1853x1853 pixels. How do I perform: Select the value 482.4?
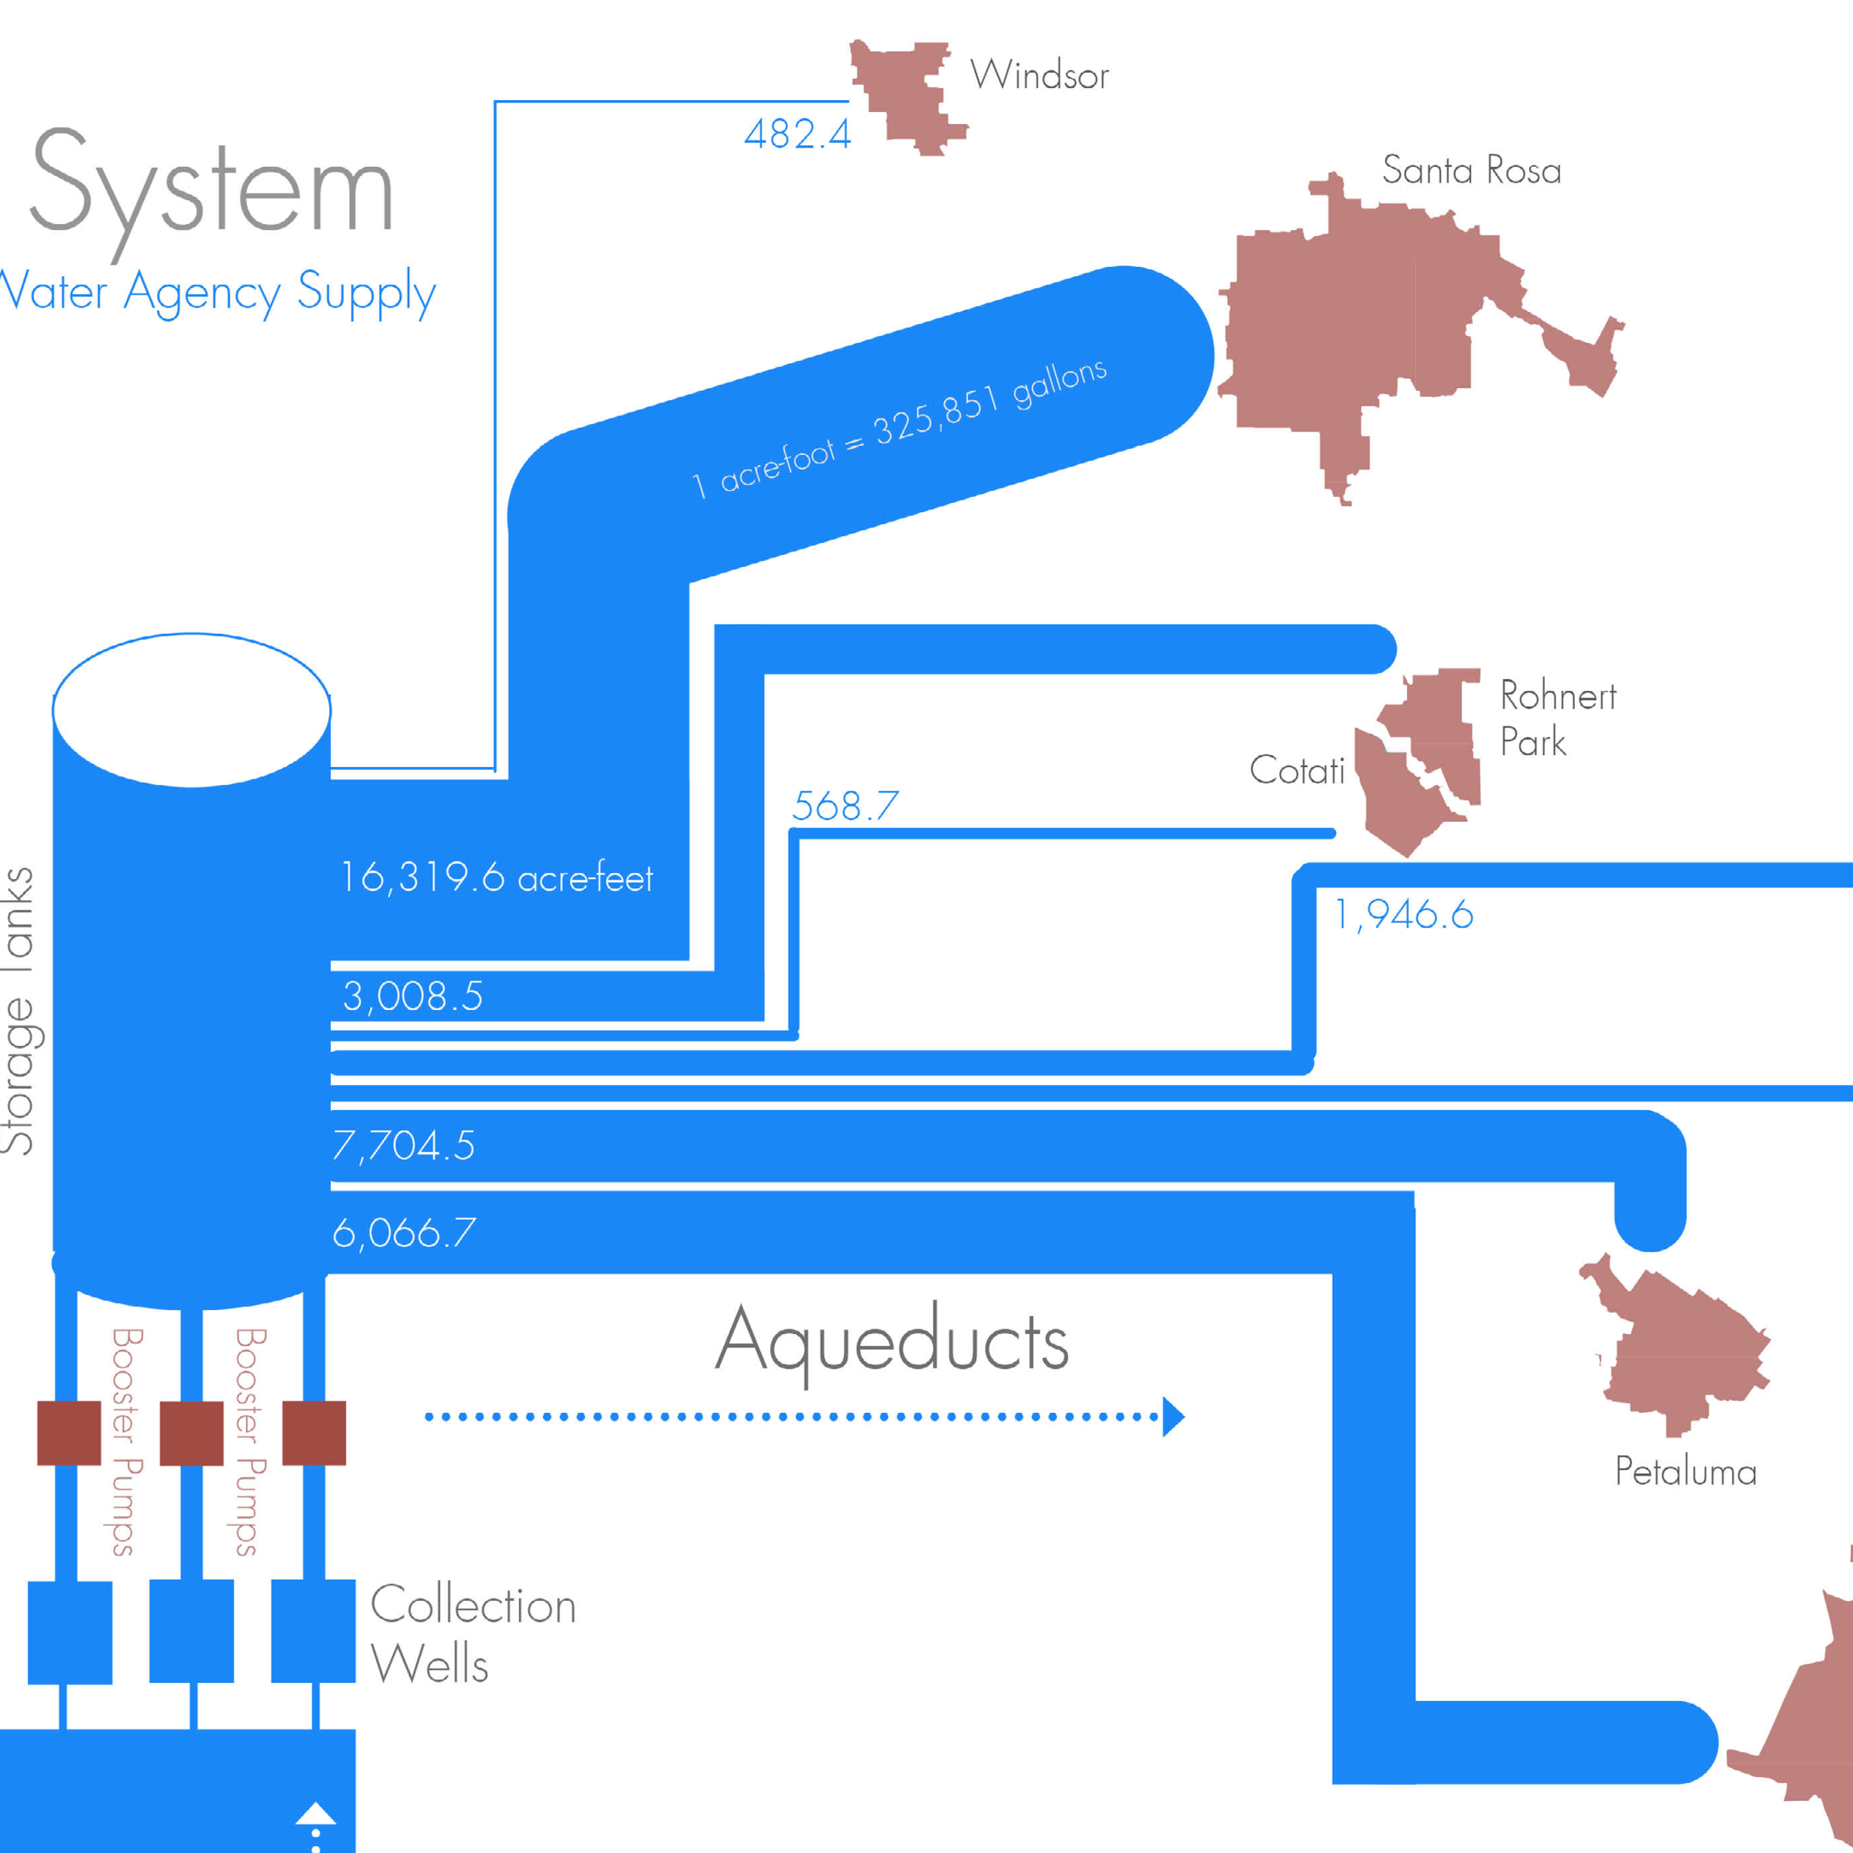point(797,134)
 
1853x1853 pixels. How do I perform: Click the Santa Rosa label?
point(1471,171)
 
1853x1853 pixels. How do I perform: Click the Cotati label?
point(1297,770)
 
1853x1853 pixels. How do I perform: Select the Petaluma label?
point(1685,1471)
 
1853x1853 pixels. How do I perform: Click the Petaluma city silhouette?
point(1678,1352)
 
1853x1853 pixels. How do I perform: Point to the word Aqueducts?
point(892,1341)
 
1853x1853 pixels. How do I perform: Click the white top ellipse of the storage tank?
point(192,710)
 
